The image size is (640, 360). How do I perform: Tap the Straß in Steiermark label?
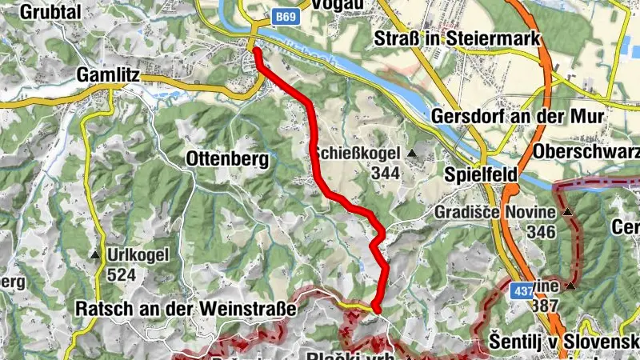458,38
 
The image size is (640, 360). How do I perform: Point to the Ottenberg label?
227,158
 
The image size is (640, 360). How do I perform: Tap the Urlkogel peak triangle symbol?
96,256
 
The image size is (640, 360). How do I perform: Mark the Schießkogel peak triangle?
411,153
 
